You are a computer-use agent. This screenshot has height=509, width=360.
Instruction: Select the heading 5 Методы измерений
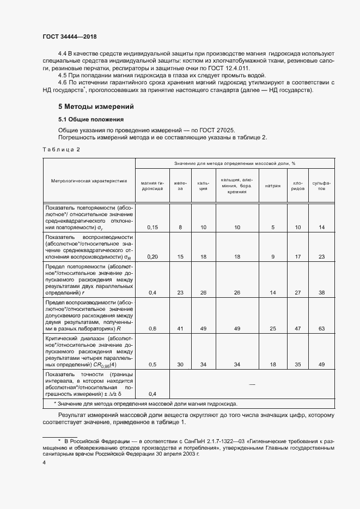pos(95,107)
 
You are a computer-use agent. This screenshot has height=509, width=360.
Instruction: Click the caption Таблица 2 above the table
pos(61,150)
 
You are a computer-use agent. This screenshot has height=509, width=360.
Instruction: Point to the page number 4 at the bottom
pos(44,462)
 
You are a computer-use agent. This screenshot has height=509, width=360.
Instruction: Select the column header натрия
pos(273,186)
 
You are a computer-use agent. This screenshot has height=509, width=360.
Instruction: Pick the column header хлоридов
pos(298,186)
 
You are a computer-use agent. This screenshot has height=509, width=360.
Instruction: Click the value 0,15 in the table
pos(153,226)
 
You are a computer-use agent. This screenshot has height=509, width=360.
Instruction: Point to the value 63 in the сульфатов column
pos(322,329)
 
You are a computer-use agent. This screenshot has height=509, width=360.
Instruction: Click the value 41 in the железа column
pos(180,329)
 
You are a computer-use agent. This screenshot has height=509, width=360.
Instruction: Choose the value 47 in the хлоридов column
pos(298,329)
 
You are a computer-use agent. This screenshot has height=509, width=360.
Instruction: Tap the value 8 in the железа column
pos(180,226)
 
